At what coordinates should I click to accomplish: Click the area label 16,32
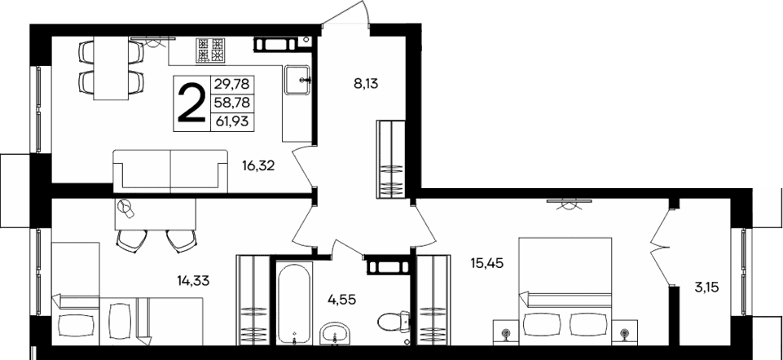click(258, 165)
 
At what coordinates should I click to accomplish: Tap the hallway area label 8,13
click(365, 82)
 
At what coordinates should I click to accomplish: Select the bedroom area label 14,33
click(192, 281)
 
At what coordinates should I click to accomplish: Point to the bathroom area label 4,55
click(341, 298)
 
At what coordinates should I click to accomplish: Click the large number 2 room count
click(191, 102)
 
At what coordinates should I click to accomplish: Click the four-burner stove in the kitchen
click(209, 50)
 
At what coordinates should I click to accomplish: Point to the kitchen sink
click(297, 80)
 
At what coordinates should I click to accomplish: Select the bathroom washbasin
click(336, 332)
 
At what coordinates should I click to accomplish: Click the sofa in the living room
click(170, 169)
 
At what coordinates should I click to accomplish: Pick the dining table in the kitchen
click(111, 67)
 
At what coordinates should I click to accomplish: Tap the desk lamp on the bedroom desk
click(125, 209)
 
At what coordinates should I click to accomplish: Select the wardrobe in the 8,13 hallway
click(392, 158)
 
